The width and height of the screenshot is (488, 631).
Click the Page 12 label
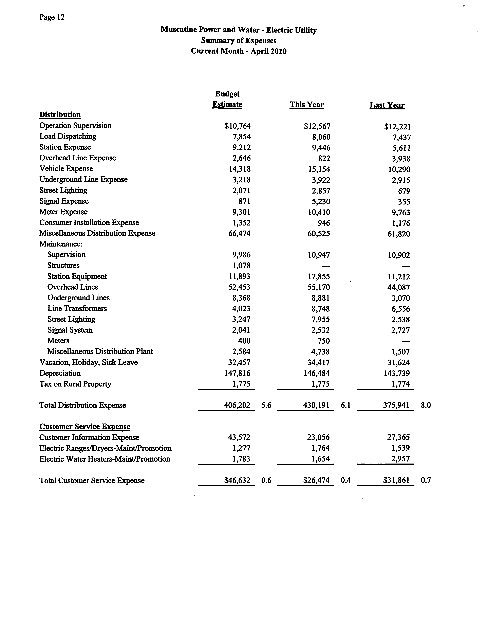point(52,17)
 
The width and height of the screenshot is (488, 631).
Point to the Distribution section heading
point(60,115)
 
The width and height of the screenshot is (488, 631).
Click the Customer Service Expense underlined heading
point(85,427)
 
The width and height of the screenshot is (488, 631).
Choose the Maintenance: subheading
point(61,244)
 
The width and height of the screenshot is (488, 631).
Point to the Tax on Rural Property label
point(75,384)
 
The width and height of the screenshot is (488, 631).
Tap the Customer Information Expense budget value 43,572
point(239,437)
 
